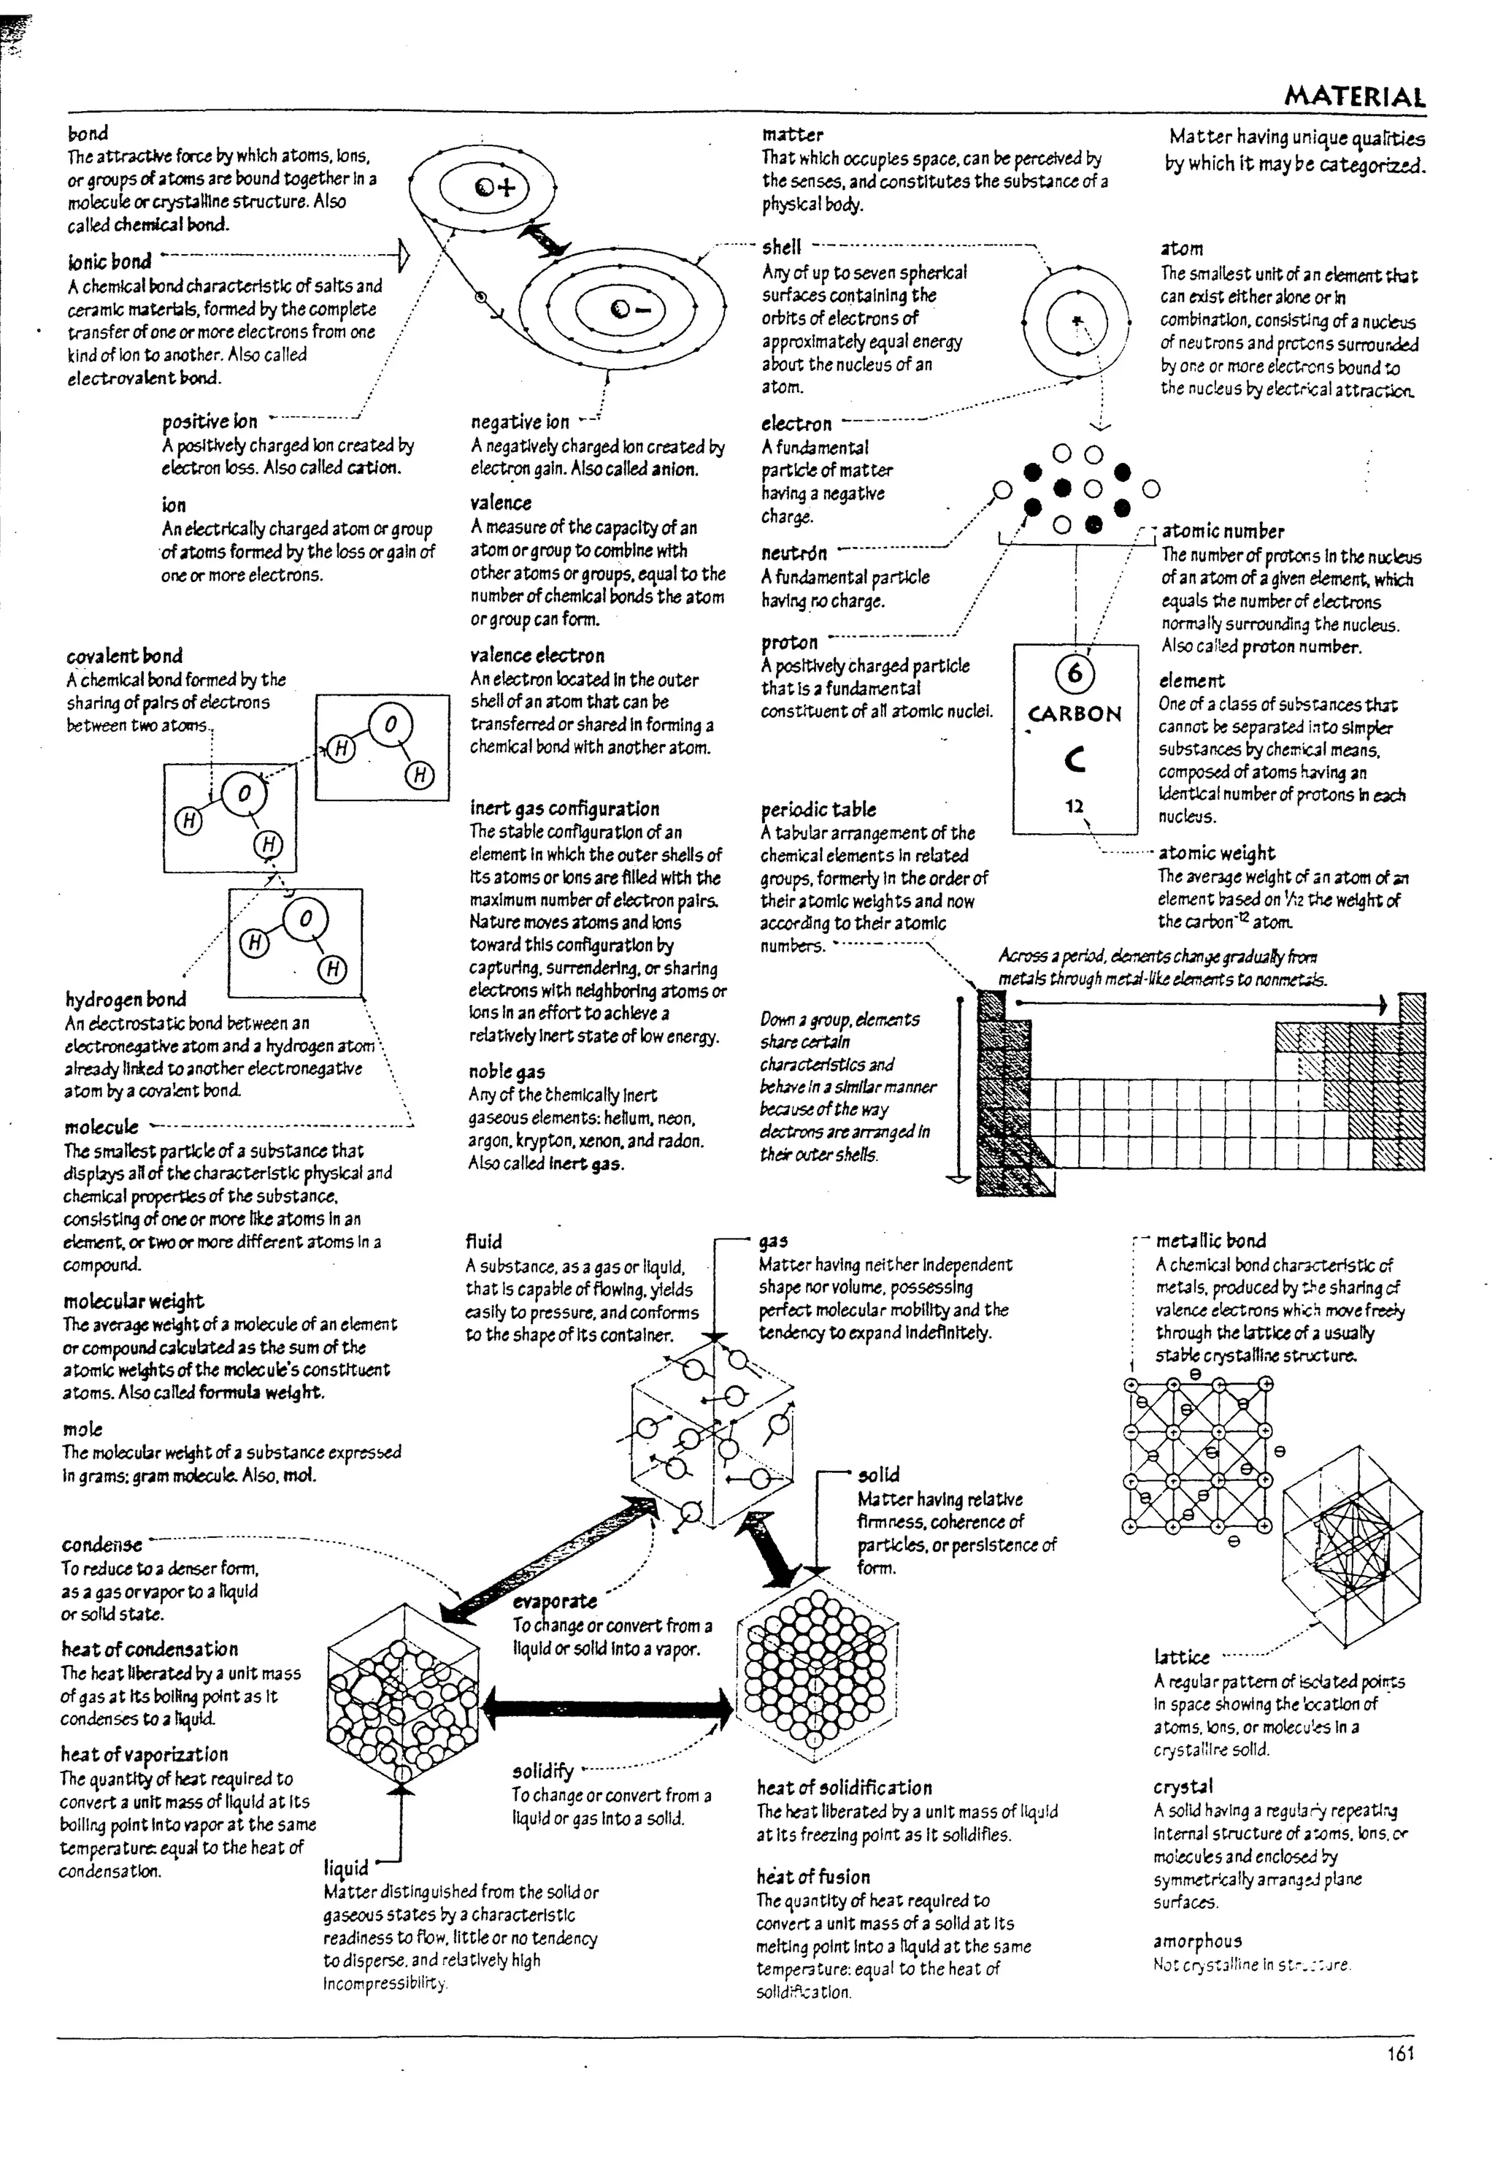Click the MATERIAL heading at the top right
pyautogui.click(x=1355, y=96)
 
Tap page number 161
pyautogui.click(x=1400, y=2054)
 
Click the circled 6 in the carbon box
pyautogui.click(x=1075, y=673)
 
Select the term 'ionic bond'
pyautogui.click(x=109, y=261)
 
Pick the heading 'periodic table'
pyautogui.click(x=818, y=809)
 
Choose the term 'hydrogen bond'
pyautogui.click(x=126, y=1000)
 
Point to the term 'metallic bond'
pyautogui.click(x=1210, y=1241)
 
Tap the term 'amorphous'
pyautogui.click(x=1197, y=1941)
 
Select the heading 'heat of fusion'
pyautogui.click(x=813, y=1877)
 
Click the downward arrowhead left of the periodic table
pyautogui.click(x=957, y=1179)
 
